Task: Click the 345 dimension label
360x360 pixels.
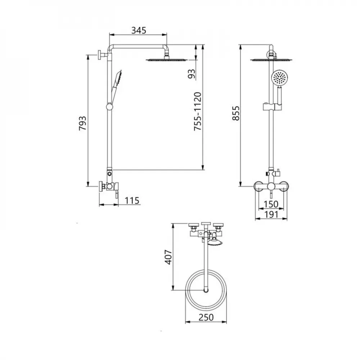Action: click(138, 30)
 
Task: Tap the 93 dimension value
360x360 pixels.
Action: click(192, 73)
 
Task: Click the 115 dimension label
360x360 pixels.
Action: click(132, 201)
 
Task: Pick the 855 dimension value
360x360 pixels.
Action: click(235, 113)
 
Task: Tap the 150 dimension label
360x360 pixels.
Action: click(270, 204)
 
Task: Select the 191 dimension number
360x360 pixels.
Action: click(271, 215)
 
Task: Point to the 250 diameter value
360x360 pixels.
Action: click(206, 318)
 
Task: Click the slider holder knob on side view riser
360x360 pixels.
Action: click(109, 107)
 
